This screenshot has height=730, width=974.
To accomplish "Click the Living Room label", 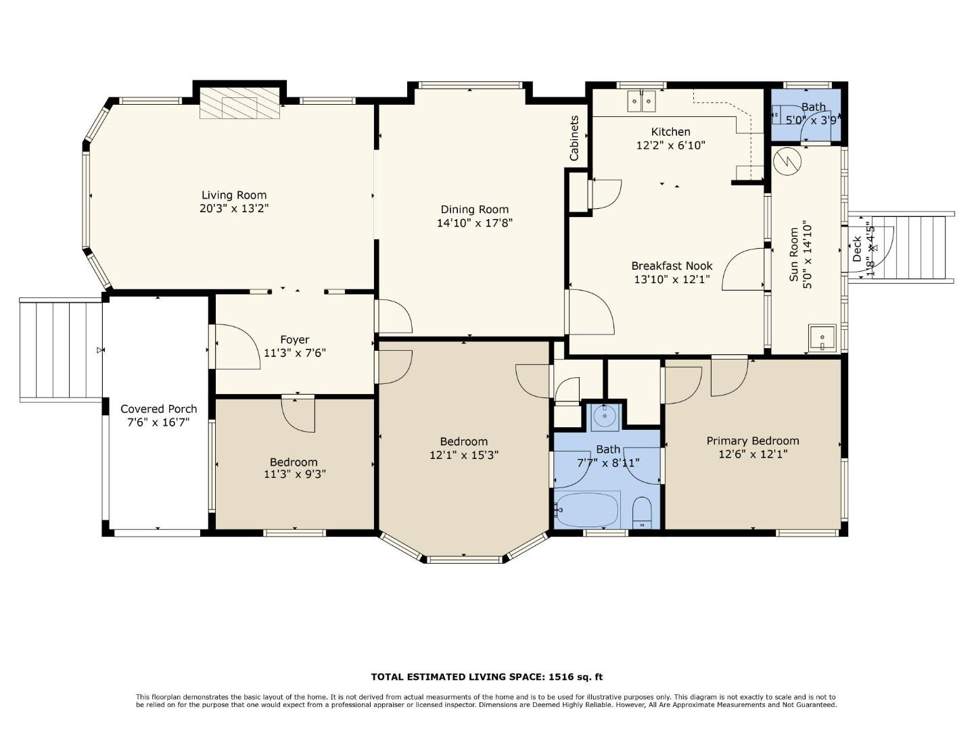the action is click(x=234, y=195).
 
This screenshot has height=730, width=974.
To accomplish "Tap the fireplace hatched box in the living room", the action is click(x=239, y=103).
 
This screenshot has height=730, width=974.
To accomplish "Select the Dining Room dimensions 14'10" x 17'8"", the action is click(x=474, y=222).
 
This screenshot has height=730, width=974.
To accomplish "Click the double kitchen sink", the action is click(x=642, y=101).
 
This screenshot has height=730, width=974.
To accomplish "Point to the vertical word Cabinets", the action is click(x=574, y=139).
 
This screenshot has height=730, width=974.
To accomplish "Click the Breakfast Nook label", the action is click(x=672, y=266).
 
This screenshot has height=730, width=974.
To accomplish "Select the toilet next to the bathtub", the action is click(x=642, y=512).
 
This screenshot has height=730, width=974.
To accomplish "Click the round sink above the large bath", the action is click(x=605, y=416).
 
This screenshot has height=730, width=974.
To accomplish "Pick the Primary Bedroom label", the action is click(x=753, y=441).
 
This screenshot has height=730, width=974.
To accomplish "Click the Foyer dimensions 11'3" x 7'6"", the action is click(x=295, y=353).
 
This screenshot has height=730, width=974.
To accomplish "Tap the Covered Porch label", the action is click(x=158, y=409).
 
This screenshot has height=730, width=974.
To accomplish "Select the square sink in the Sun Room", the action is click(x=822, y=338).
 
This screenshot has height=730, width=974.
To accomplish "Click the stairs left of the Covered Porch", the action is click(x=62, y=350).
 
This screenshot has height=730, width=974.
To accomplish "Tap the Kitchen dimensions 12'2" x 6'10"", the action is click(x=670, y=145).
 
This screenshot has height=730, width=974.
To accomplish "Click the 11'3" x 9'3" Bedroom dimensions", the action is click(x=295, y=474).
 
